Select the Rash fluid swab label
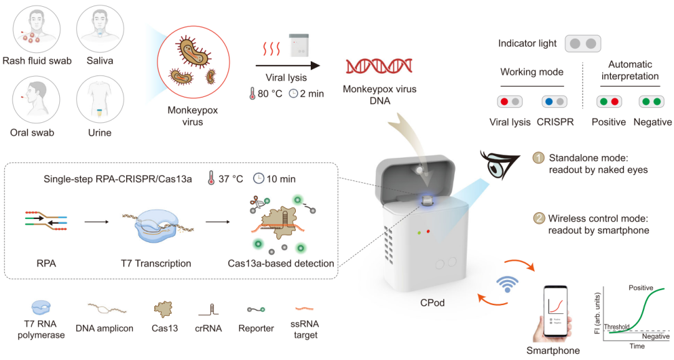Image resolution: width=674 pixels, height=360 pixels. (37, 61)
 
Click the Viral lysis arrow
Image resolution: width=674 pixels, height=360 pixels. (288, 64)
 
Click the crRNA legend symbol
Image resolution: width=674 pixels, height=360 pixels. (208, 309)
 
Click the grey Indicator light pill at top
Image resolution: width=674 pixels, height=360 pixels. (583, 44)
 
